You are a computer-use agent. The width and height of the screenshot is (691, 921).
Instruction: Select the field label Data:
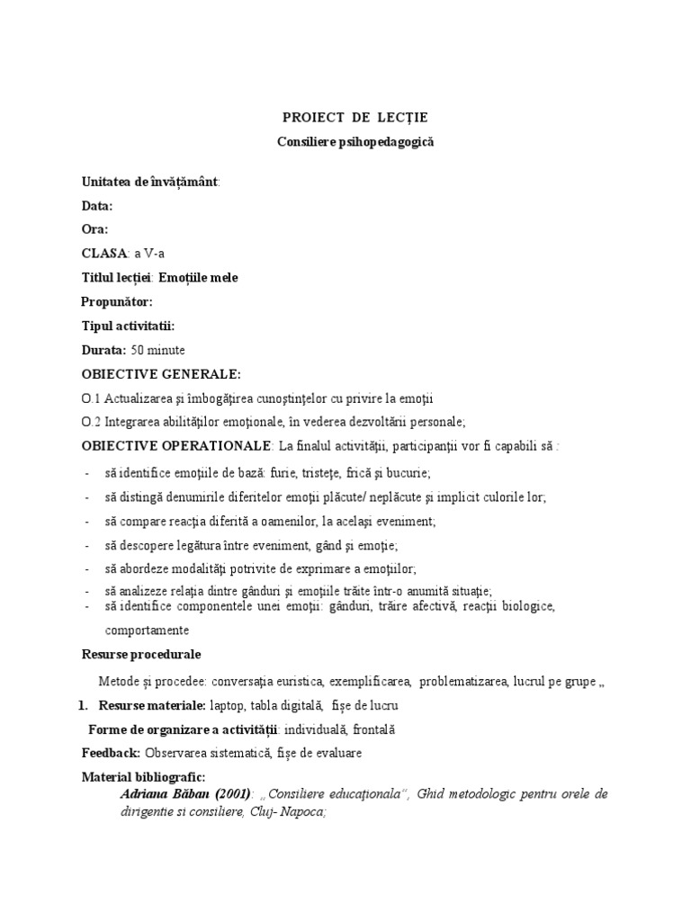coord(96,205)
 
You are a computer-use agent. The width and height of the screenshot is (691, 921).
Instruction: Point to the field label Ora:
coord(94,229)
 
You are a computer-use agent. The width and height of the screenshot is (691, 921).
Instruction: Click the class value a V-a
coord(149,254)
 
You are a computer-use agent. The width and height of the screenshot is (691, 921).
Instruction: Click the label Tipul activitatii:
coord(128,326)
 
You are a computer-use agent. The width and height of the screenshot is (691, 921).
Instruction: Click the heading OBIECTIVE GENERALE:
coord(161,373)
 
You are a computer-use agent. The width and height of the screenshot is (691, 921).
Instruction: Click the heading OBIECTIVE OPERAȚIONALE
coord(176,445)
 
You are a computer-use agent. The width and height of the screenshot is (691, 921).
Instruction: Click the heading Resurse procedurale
coord(141,654)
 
